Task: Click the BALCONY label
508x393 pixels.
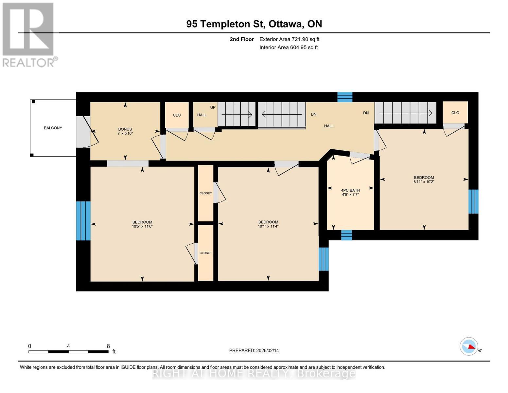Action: (53, 128)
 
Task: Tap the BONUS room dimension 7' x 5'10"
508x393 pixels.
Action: (125, 134)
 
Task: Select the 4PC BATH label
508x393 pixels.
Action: (350, 190)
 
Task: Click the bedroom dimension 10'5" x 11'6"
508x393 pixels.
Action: (142, 226)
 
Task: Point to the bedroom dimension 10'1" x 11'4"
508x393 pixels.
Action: (268, 226)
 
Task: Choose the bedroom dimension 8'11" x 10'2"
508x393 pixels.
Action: (424, 182)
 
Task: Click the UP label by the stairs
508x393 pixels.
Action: (213, 108)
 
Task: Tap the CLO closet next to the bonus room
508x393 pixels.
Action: (177, 115)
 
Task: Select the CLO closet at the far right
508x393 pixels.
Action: (455, 113)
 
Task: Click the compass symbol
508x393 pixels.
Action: (469, 346)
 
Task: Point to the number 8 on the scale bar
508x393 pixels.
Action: (108, 346)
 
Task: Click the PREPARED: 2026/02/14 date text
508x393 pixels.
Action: (254, 350)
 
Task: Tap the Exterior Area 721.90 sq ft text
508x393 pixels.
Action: (289, 39)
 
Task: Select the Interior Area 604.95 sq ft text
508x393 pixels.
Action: (289, 47)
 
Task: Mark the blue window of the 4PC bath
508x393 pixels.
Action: (347, 235)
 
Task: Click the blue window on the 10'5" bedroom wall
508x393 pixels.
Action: (83, 221)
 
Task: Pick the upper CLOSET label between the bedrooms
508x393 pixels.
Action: (206, 193)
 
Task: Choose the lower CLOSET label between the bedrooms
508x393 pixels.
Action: (206, 253)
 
